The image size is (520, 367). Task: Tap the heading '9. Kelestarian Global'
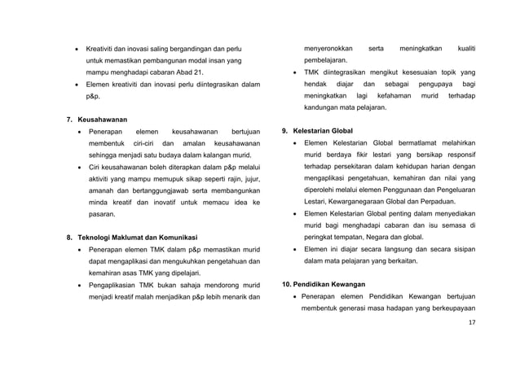[316, 130]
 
